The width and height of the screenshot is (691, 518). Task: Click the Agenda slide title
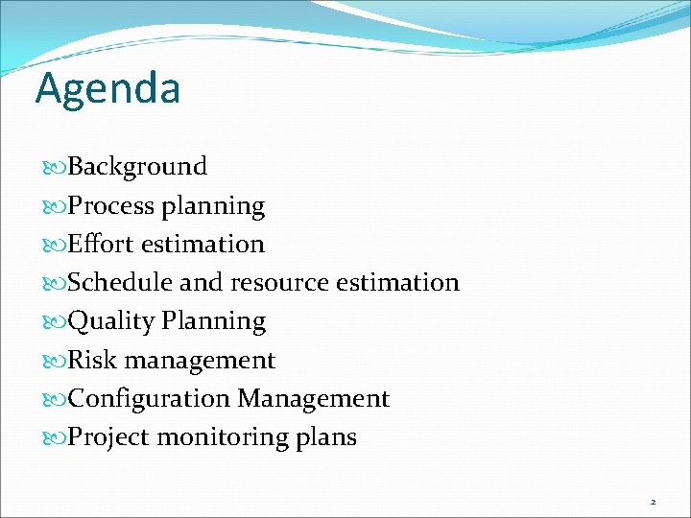coord(107,89)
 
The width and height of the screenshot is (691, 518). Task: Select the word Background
coord(138,167)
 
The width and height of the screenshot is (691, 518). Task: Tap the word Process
coord(111,205)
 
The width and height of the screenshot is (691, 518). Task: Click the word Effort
coord(102,244)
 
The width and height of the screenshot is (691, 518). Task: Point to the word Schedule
coord(121,282)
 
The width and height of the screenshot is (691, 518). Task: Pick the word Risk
coord(92,360)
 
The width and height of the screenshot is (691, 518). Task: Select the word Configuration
coord(150,398)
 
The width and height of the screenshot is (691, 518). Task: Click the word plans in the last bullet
coord(326,437)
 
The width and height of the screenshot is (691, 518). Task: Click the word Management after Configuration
coord(313,398)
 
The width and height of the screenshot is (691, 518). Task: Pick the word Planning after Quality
coord(213,321)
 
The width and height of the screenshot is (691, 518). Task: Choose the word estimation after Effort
coord(203,244)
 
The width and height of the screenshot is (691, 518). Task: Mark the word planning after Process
coord(213,205)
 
